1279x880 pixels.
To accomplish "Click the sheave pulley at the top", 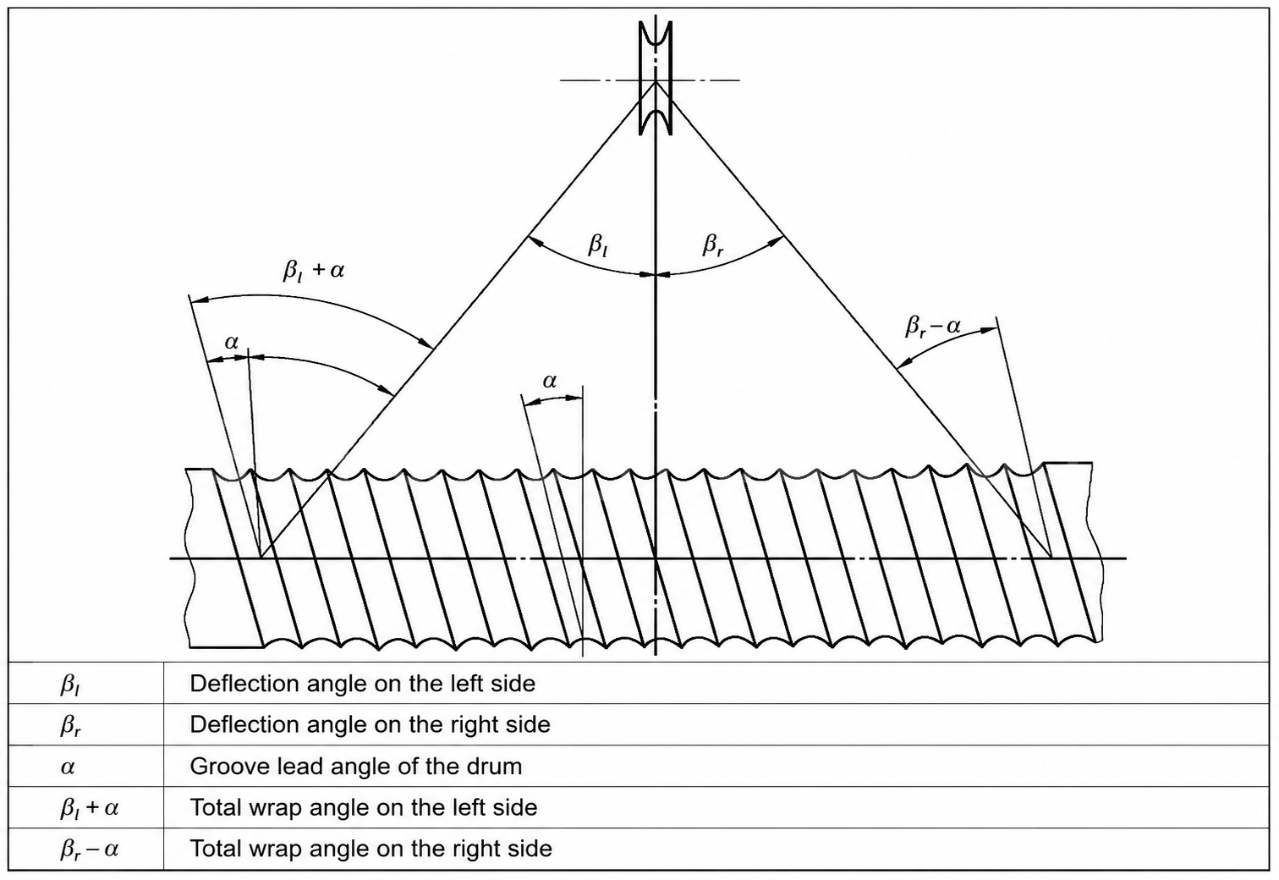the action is coord(655,78).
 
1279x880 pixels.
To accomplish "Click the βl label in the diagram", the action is coord(598,245).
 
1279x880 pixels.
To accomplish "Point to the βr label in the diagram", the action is coord(713,245).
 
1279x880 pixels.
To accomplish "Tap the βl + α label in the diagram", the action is coord(314,270).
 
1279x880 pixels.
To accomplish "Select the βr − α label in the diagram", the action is coord(933,327).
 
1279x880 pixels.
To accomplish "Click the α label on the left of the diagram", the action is coord(231,342).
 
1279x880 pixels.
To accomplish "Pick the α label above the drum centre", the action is coord(549,381).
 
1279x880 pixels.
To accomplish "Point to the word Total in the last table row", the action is coord(214,849).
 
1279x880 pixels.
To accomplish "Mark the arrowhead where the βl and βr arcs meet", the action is coord(655,275).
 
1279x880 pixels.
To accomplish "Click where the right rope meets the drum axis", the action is coord(1051,558).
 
